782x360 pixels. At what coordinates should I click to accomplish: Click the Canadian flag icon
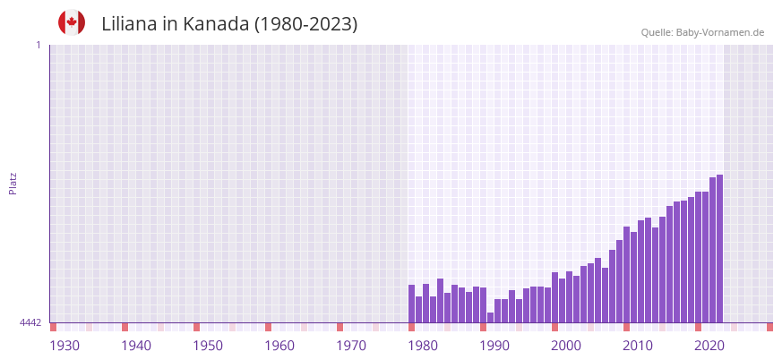tap(72, 22)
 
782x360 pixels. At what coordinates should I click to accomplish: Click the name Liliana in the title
tap(131, 24)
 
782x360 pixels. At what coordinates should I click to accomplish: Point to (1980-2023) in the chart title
tap(306, 24)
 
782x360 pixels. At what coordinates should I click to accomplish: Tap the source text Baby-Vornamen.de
tap(720, 32)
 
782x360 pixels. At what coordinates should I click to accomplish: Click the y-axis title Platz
tap(13, 183)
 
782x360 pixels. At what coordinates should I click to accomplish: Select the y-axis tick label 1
tap(38, 45)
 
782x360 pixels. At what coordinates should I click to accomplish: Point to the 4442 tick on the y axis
tap(30, 322)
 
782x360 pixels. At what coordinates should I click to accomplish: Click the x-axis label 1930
tap(64, 346)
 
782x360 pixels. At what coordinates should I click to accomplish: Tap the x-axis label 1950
tap(208, 346)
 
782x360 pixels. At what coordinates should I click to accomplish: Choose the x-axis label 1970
tap(351, 346)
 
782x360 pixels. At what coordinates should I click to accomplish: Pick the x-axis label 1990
tap(494, 346)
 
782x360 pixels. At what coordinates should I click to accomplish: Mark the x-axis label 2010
tap(638, 346)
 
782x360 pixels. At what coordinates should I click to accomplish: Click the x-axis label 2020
tap(709, 346)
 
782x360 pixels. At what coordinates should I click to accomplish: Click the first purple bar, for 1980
tap(412, 304)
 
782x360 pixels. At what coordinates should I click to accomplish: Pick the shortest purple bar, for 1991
tap(491, 317)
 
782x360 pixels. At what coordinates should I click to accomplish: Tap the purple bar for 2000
tap(555, 297)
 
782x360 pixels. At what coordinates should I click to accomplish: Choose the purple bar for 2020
tap(699, 257)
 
